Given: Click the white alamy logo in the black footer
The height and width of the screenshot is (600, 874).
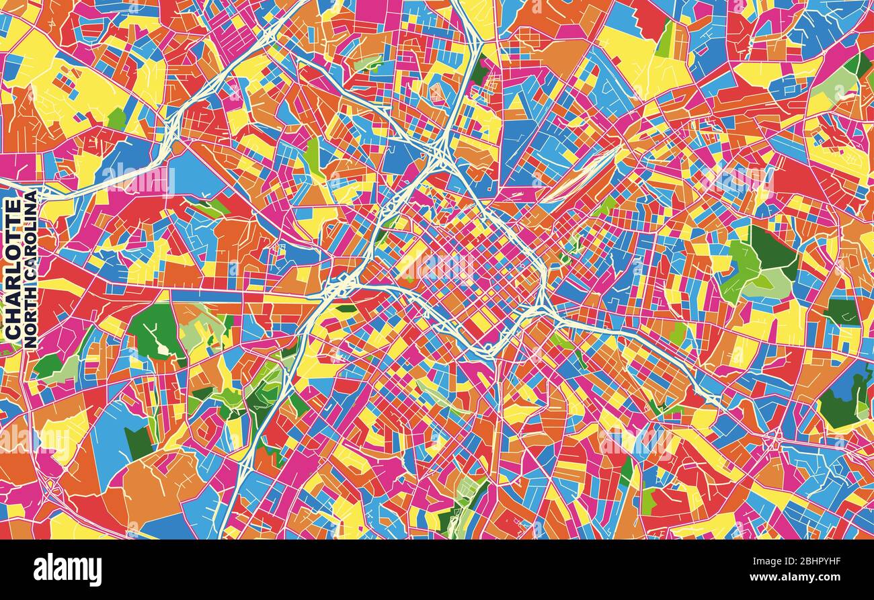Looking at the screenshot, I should (67, 570).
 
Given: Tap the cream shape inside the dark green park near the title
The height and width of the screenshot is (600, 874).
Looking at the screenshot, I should (162, 348).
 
